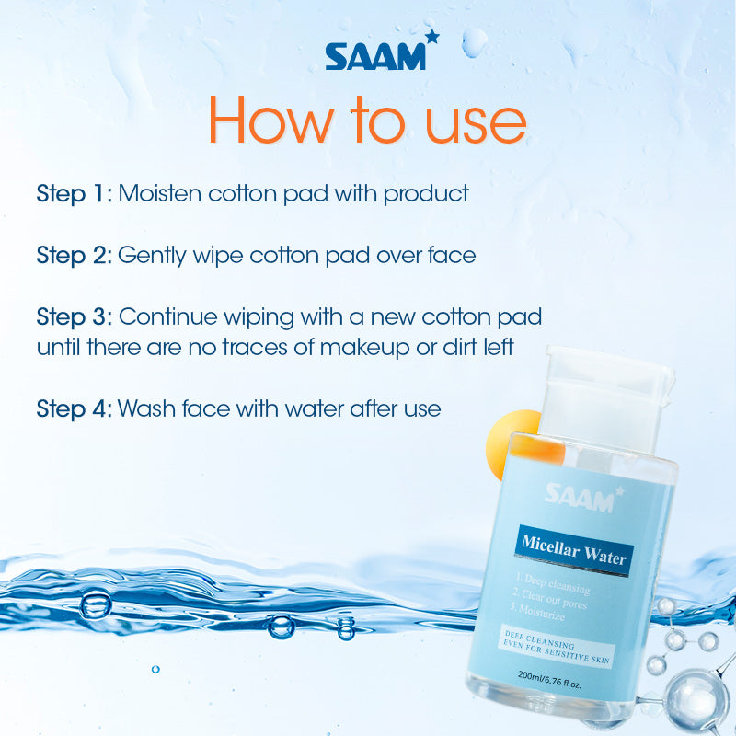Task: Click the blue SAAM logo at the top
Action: (382, 52)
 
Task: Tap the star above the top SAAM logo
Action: (431, 37)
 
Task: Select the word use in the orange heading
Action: (475, 125)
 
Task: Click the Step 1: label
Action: (75, 194)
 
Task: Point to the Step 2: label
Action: (75, 256)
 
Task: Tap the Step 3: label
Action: (75, 317)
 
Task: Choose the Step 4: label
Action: (75, 409)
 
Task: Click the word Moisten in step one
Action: (159, 193)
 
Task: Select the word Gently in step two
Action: (152, 257)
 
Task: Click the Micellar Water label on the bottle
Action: (573, 549)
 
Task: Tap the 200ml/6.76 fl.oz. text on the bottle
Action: (549, 679)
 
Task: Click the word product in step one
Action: (426, 194)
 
